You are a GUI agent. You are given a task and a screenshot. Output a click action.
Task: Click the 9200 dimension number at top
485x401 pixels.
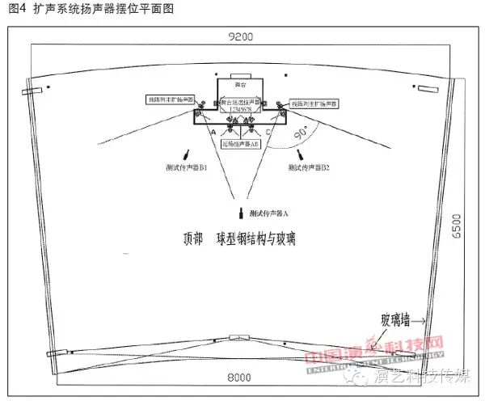tap(240, 36)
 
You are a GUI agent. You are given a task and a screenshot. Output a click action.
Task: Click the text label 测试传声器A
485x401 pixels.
tap(269, 213)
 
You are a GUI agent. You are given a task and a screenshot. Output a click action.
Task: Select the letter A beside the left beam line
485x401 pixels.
tap(213, 131)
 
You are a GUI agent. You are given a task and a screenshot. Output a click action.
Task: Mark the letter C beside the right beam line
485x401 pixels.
tap(268, 131)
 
